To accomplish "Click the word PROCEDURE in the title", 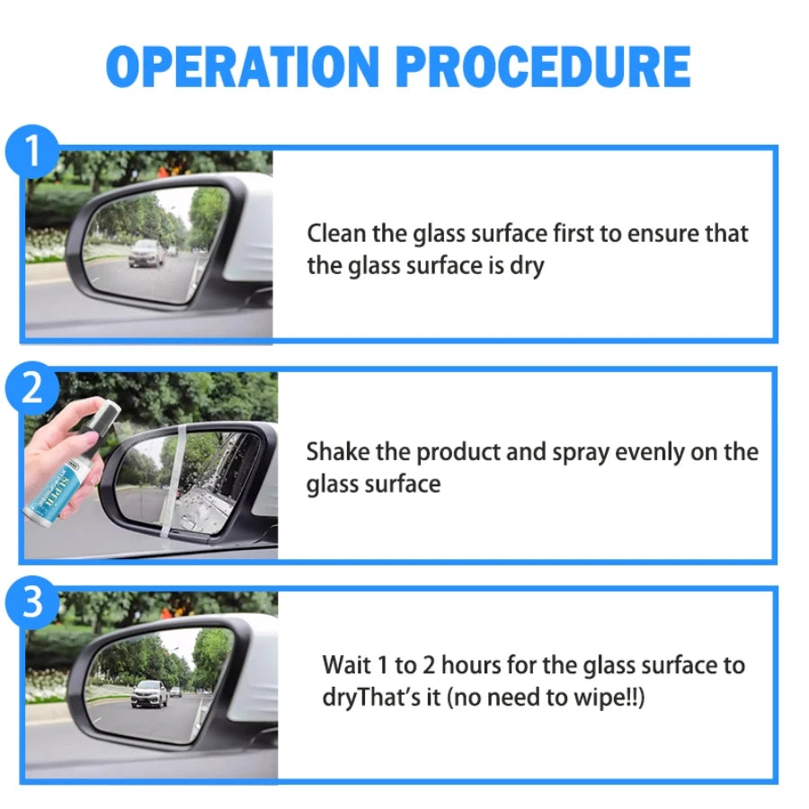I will [x=544, y=67].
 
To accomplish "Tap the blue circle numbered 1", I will [x=32, y=152].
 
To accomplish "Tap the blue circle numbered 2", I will [x=32, y=388].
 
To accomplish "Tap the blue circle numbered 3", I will [x=32, y=603].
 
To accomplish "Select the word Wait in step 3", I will [x=346, y=666].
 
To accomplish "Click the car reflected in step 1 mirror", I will [x=147, y=253].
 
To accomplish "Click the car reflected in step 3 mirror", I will [x=148, y=692].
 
